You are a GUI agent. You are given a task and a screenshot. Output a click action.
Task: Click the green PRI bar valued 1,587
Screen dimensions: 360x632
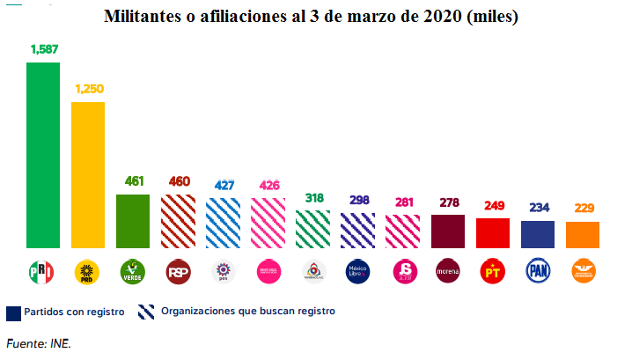coord(43,155)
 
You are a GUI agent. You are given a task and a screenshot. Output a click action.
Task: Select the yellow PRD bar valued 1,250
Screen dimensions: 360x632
coord(88,175)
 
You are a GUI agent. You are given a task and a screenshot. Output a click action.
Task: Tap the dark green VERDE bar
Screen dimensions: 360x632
coord(133,221)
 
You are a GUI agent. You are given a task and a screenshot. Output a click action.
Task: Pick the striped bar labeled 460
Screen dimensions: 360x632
coord(178,221)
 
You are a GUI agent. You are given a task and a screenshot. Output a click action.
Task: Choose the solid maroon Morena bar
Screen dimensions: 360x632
coord(448,231)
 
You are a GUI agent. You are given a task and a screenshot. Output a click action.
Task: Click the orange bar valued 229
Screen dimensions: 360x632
coord(583,234)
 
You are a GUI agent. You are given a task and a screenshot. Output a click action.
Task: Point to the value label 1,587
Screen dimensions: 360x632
coord(43,50)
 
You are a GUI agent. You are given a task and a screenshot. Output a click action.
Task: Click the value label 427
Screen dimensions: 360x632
coord(223,186)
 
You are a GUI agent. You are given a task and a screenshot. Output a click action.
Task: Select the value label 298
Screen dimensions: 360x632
coord(358,200)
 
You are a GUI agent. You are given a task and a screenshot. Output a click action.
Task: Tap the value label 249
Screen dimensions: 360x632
coord(493,206)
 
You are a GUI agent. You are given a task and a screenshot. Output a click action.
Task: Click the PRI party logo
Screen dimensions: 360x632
coord(42,271)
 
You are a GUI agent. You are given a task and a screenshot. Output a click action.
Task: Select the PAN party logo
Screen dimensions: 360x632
coord(538,271)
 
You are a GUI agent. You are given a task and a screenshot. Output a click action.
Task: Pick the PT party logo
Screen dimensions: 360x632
coord(493,271)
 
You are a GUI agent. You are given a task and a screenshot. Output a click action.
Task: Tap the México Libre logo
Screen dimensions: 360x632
coord(358,271)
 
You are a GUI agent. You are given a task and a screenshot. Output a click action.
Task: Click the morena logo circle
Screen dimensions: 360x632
coord(448,271)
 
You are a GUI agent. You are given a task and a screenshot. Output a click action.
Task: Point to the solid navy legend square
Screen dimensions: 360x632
coord(13,312)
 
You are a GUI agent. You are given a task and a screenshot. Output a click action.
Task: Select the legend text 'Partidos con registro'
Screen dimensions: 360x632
coord(73,312)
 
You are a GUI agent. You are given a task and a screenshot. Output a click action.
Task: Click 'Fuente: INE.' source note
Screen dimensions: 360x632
coord(39,343)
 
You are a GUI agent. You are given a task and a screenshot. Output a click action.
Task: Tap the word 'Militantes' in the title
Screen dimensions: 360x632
coord(146,17)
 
